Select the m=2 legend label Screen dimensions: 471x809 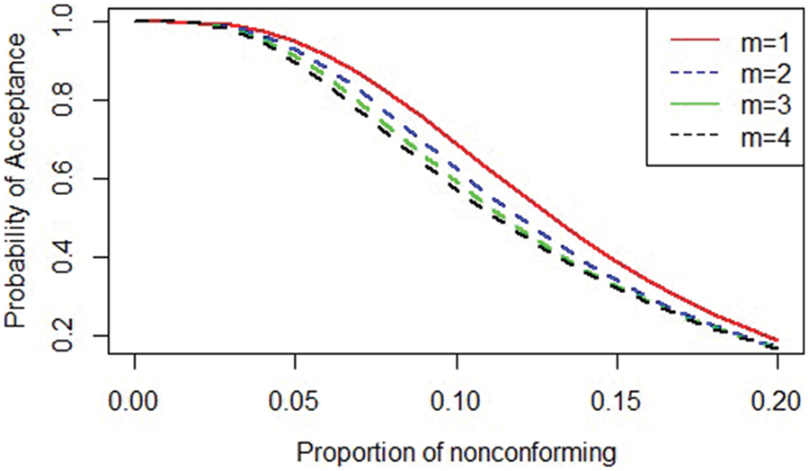[x=753, y=73]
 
